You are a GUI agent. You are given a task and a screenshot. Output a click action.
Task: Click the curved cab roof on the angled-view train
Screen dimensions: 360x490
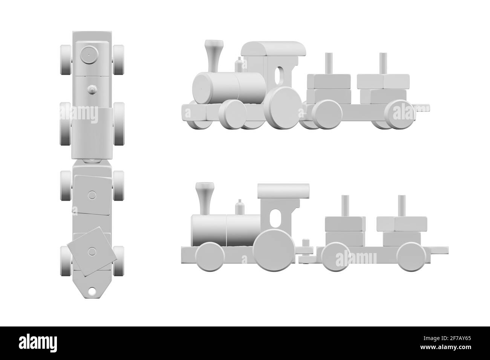(273, 49)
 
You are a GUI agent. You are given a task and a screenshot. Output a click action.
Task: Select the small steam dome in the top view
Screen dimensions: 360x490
(91, 89)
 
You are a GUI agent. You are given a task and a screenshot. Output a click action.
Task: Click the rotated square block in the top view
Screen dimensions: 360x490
(91, 250)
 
